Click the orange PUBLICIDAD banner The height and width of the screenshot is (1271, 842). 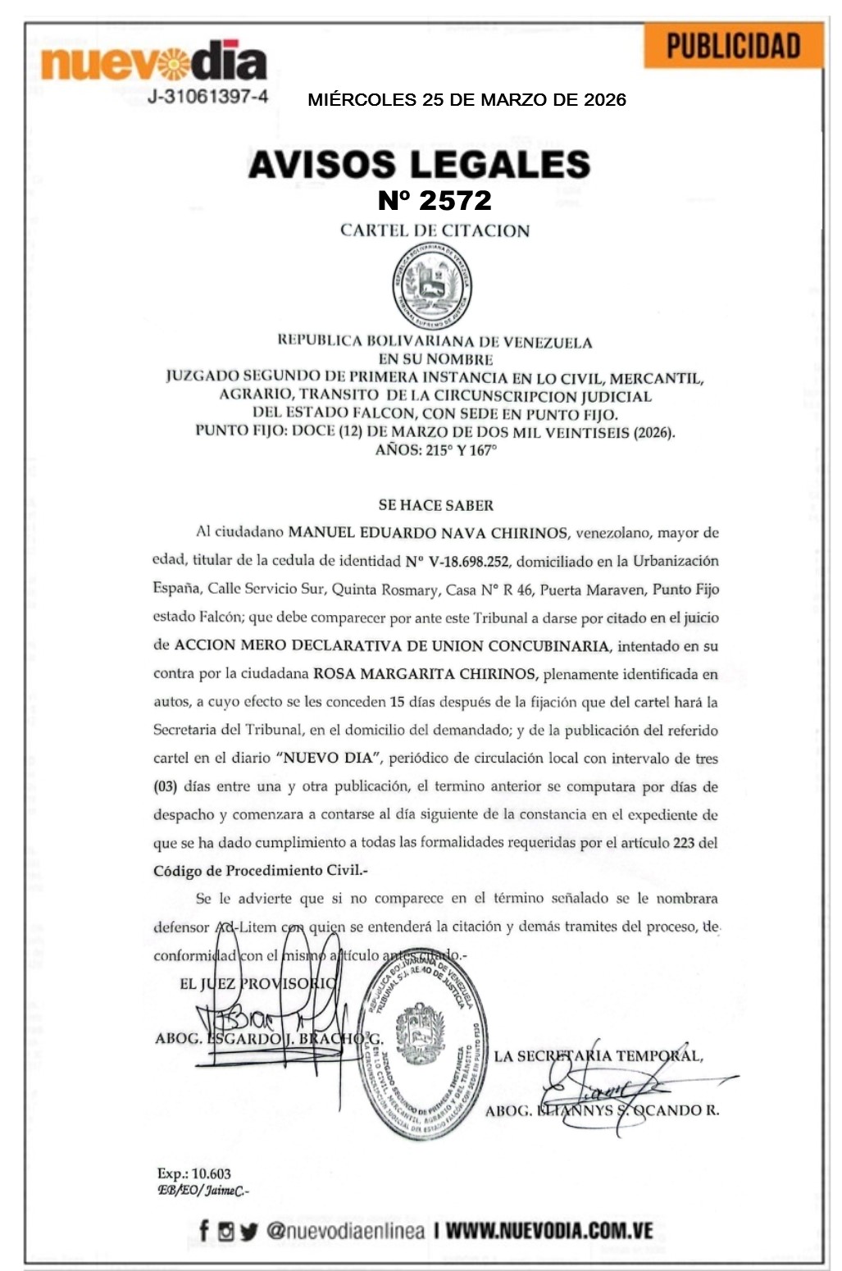[733, 46]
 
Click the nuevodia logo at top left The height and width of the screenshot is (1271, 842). [153, 61]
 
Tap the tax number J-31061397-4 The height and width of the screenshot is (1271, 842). [207, 97]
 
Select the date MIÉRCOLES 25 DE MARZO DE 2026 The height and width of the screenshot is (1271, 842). [467, 100]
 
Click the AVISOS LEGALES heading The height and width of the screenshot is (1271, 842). [419, 164]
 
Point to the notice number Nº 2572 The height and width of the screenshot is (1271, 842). [435, 200]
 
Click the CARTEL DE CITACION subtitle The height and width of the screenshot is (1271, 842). [435, 230]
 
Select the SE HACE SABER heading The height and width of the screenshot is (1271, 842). [435, 505]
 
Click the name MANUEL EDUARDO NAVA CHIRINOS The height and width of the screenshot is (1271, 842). [427, 533]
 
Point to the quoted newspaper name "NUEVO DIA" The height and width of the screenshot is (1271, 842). [328, 758]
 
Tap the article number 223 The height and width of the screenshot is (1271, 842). [683, 843]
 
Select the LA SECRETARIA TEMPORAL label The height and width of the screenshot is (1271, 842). [598, 1056]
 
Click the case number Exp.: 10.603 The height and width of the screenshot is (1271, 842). [194, 1174]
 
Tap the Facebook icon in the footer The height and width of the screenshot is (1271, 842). [204, 1231]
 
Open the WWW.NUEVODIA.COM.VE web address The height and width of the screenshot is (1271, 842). [548, 1231]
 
